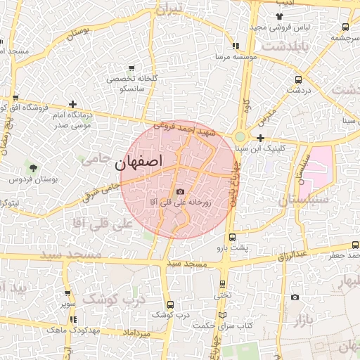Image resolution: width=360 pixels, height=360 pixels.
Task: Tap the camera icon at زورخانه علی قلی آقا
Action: coord(180,192)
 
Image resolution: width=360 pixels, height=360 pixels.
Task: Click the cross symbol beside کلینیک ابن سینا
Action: coord(260,138)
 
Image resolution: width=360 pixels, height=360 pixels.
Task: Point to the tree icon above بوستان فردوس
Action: coord(32,167)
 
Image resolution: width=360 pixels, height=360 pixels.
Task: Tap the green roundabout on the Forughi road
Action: coord(240,136)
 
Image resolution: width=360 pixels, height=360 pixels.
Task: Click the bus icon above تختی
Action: coord(222,285)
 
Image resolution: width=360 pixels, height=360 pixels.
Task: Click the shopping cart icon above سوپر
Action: coord(67,294)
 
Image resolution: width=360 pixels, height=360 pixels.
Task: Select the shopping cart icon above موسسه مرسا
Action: coord(236,45)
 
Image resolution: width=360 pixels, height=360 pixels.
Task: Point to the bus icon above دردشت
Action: coord(299,79)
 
